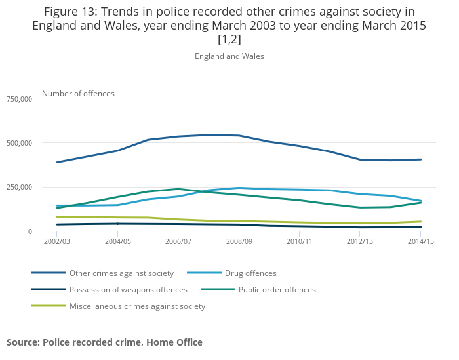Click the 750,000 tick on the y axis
pyautogui.click(x=18, y=99)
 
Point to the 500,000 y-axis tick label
pyautogui.click(x=18, y=143)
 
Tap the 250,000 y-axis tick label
pyautogui.click(x=18, y=188)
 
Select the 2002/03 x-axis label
pyautogui.click(x=57, y=242)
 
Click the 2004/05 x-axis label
pyautogui.click(x=118, y=242)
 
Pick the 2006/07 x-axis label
pyautogui.click(x=178, y=242)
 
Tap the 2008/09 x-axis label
pyautogui.click(x=239, y=242)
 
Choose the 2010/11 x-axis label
pyautogui.click(x=299, y=242)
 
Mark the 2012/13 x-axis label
pyautogui.click(x=360, y=242)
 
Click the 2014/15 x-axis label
pyautogui.click(x=420, y=242)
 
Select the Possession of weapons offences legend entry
pyautogui.click(x=128, y=290)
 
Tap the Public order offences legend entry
pyautogui.click(x=277, y=290)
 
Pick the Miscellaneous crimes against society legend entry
pyautogui.click(x=137, y=306)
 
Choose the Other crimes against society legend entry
pyautogui.click(x=121, y=273)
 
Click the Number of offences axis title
pyautogui.click(x=78, y=94)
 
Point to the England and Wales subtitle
pyautogui.click(x=229, y=56)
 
